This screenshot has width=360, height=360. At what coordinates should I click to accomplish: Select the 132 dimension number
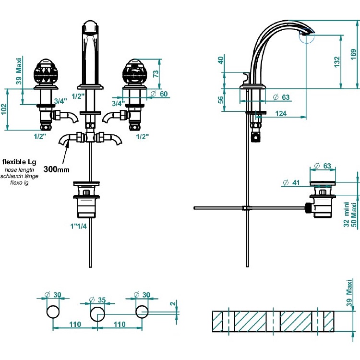pyautogui.click(x=337, y=61)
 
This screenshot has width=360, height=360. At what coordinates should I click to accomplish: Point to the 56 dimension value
pyautogui.click(x=221, y=100)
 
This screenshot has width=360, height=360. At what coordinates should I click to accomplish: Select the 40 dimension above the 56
pyautogui.click(x=221, y=61)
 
